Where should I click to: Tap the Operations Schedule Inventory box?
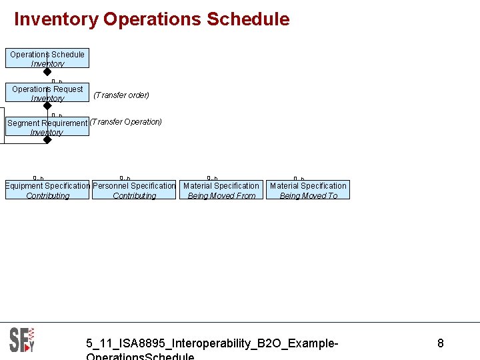coord(47,59)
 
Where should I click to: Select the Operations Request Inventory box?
coord(47,93)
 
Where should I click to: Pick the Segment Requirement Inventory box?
coord(47,127)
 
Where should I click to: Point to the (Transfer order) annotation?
coord(121,95)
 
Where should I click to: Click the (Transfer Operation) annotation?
coord(126,122)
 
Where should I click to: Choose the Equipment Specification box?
coord(47,190)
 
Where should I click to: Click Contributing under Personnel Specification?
coord(134,196)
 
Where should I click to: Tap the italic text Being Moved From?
coord(221,196)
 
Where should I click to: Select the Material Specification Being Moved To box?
coord(308,190)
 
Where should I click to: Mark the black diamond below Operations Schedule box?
coord(47,72)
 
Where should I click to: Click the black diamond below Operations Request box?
coord(47,106)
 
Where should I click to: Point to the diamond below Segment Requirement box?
coord(47,140)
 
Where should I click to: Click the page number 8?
coord(440,343)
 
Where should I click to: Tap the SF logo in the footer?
coord(21,339)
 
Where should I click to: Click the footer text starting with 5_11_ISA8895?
coord(212,343)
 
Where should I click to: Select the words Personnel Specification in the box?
coord(134,186)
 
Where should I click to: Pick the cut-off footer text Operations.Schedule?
coord(140,356)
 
